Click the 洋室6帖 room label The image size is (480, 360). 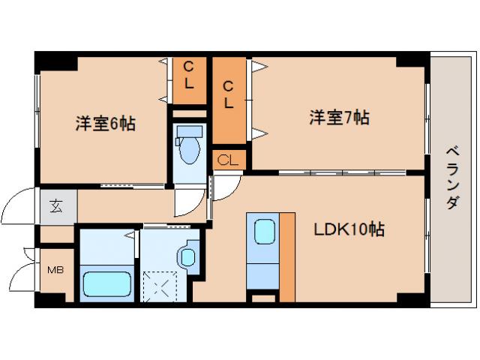[x=105, y=124]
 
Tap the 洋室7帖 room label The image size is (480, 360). [x=339, y=118]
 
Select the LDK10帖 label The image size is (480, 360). [x=349, y=229]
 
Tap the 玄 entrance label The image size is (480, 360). [x=57, y=206]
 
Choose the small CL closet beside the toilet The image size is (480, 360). [x=229, y=160]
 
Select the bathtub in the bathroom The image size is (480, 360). [x=107, y=284]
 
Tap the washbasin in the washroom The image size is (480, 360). [x=187, y=256]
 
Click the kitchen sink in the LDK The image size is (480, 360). [x=263, y=232]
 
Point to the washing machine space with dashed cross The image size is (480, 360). [x=161, y=285]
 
